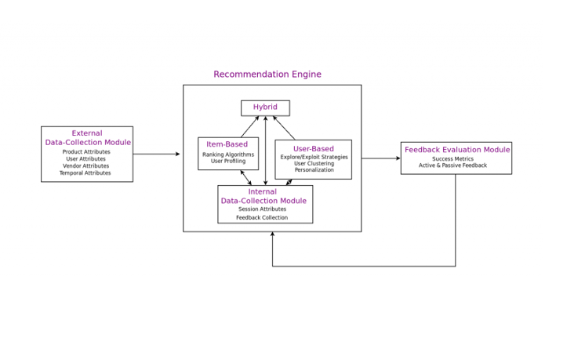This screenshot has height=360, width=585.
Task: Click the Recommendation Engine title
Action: pyautogui.click(x=267, y=75)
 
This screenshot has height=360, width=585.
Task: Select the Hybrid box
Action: pyautogui.click(x=265, y=108)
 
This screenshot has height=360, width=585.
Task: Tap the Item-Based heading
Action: pyautogui.click(x=227, y=144)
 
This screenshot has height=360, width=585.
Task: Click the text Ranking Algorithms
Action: pyautogui.click(x=228, y=155)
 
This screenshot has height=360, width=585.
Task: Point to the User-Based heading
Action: pyautogui.click(x=314, y=148)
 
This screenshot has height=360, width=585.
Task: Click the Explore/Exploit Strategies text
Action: pyautogui.click(x=314, y=157)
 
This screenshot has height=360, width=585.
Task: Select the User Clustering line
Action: pyautogui.click(x=314, y=163)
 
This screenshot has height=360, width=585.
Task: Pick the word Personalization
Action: pyautogui.click(x=314, y=169)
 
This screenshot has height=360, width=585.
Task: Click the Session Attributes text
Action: pyautogui.click(x=262, y=209)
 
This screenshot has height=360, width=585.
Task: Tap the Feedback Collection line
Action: pyautogui.click(x=262, y=217)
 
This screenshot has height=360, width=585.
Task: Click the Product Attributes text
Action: pyautogui.click(x=86, y=152)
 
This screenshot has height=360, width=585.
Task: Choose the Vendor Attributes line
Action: pyautogui.click(x=85, y=166)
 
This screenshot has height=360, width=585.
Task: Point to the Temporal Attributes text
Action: pyautogui.click(x=85, y=173)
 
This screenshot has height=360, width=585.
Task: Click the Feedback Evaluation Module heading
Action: pyautogui.click(x=457, y=150)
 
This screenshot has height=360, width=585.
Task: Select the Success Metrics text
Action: pyautogui.click(x=453, y=159)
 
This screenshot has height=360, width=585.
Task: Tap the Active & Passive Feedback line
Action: pyautogui.click(x=452, y=165)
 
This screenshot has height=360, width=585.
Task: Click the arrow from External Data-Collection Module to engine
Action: pyautogui.click(x=156, y=154)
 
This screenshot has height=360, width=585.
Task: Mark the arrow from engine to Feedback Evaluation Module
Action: pyautogui.click(x=381, y=158)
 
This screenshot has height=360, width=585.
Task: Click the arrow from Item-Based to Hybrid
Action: pyautogui.click(x=250, y=127)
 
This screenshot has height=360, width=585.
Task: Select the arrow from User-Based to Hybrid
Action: pyautogui.click(x=284, y=128)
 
